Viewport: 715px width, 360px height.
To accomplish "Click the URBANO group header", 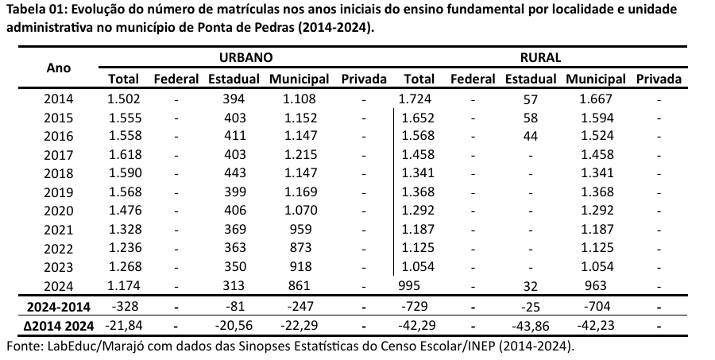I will (x=246, y=57).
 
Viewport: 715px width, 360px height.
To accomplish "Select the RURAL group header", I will (x=541, y=57).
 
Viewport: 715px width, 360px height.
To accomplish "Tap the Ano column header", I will (x=59, y=68).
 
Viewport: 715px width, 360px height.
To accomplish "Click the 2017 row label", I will (x=59, y=154).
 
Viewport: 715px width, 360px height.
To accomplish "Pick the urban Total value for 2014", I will (x=123, y=99).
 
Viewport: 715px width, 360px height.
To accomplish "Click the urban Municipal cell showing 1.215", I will (x=300, y=154).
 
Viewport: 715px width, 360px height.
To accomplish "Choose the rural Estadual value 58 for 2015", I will (x=531, y=118).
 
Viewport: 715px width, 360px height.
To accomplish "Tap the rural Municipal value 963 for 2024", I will (x=594, y=285).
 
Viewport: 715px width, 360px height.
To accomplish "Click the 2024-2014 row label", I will (x=59, y=306).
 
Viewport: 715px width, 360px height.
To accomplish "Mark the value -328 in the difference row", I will (x=123, y=306).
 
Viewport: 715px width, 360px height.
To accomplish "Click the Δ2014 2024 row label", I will (x=59, y=325).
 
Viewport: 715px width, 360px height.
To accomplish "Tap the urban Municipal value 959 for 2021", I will (x=300, y=229).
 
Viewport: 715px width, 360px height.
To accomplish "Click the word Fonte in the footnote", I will (x=22, y=346).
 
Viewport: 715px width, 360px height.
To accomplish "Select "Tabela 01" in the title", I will (x=34, y=10).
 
